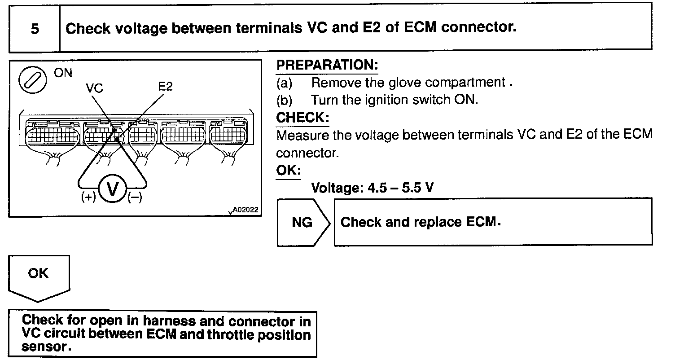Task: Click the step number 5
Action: click(x=35, y=29)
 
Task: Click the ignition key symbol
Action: click(x=31, y=81)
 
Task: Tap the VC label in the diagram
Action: click(x=94, y=88)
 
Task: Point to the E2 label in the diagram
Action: click(x=165, y=86)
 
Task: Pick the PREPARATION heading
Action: click(x=327, y=66)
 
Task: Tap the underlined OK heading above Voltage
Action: click(x=288, y=171)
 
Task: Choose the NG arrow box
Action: click(x=303, y=223)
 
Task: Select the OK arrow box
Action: click(x=39, y=274)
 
